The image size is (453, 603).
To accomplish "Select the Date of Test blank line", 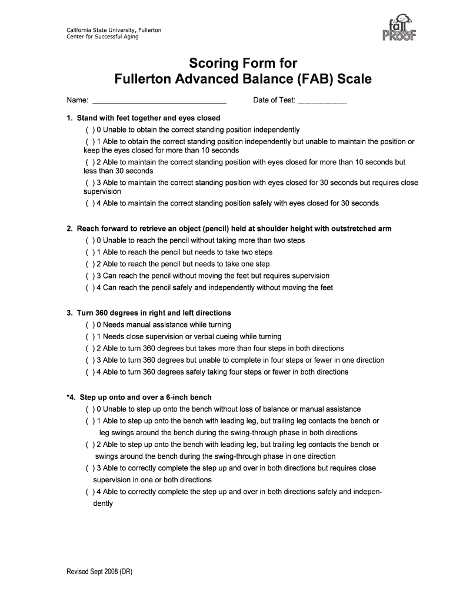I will coord(322,101).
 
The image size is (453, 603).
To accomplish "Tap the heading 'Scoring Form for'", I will coord(243,63).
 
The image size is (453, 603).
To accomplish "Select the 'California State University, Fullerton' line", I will coord(114,29).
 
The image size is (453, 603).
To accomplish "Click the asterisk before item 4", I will coord(68,396).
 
